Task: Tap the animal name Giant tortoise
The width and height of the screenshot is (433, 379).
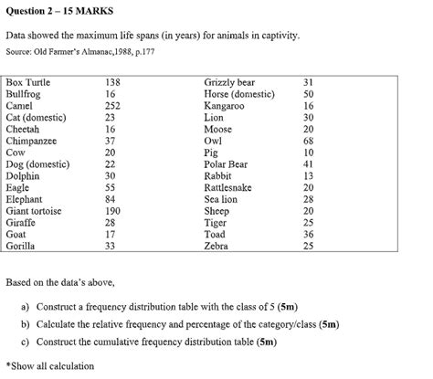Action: click(34, 210)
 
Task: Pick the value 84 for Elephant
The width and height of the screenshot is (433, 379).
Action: click(111, 198)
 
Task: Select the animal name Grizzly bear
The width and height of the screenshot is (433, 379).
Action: click(229, 82)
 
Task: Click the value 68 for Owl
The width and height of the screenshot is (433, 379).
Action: click(308, 141)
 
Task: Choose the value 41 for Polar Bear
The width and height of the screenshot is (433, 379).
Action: click(308, 163)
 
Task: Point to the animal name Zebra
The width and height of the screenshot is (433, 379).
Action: click(217, 246)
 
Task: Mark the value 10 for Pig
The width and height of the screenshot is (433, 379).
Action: click(308, 153)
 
